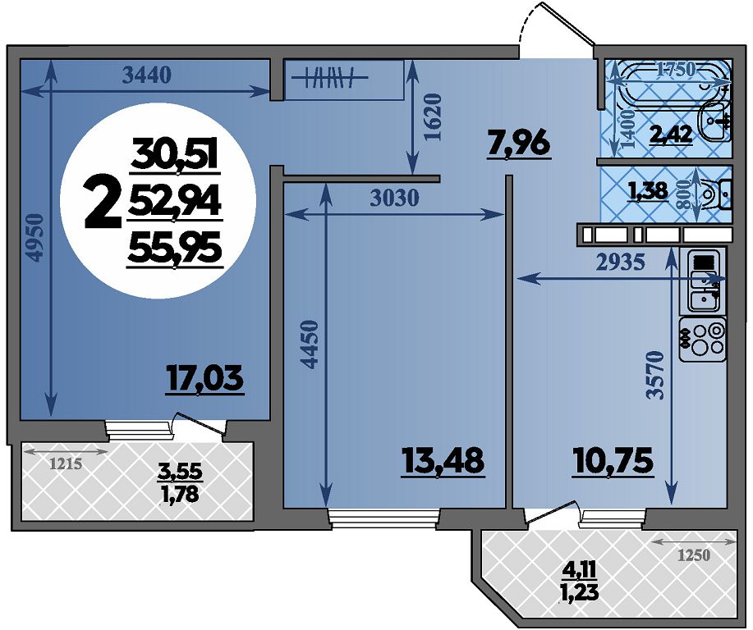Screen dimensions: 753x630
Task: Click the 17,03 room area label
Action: point(205,379)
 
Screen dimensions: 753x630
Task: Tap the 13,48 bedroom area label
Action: point(443,462)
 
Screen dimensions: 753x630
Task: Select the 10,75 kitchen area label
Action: point(613,461)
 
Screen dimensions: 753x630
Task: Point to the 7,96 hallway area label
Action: point(518,144)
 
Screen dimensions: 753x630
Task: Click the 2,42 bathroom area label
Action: point(671,135)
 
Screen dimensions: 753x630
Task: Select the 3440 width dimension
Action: point(147,75)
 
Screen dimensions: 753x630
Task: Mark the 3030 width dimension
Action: point(395,198)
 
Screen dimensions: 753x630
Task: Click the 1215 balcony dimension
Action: point(67,463)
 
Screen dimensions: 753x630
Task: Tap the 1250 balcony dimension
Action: point(693,555)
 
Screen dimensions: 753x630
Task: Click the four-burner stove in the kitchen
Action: point(703,340)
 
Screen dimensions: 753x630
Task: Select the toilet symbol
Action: point(714,194)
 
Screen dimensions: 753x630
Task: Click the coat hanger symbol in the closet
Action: point(330,77)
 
